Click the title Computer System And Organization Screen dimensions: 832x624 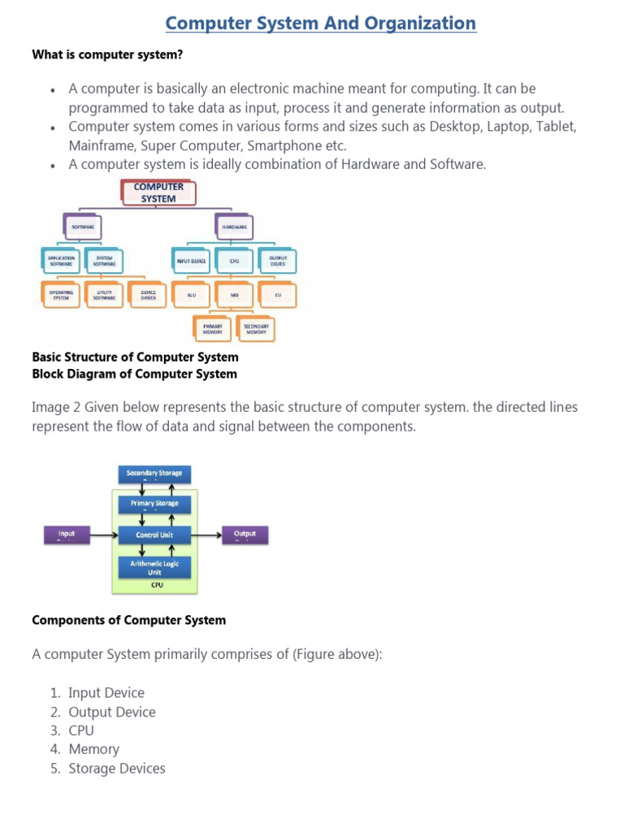pyautogui.click(x=320, y=24)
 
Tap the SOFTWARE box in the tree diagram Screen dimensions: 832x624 pyautogui.click(x=84, y=227)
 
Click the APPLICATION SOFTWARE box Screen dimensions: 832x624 pyautogui.click(x=61, y=261)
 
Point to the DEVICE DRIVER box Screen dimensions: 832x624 pyautogui.click(x=148, y=295)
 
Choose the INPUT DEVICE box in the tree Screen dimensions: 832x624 pyautogui.click(x=192, y=261)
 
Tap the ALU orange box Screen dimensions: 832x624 pyautogui.click(x=192, y=295)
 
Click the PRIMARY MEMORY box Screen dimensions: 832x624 pyautogui.click(x=213, y=328)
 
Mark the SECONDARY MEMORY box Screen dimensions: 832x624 pyautogui.click(x=256, y=328)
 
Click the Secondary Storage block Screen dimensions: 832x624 pyautogui.click(x=154, y=473)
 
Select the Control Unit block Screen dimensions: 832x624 pyautogui.click(x=154, y=535)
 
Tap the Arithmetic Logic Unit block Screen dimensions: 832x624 pyautogui.click(x=154, y=566)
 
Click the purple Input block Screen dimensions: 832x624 pyautogui.click(x=66, y=535)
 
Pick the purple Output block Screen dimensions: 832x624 pyautogui.click(x=245, y=535)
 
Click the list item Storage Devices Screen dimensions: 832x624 pyautogui.click(x=116, y=769)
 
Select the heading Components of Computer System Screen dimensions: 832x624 pyautogui.click(x=128, y=620)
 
